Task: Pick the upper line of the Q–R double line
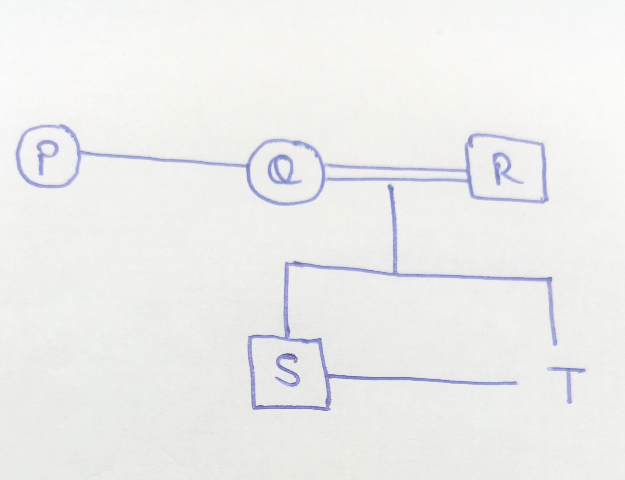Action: [x=397, y=168]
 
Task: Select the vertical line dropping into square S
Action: [x=286, y=300]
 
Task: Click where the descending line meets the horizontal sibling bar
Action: [x=395, y=275]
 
